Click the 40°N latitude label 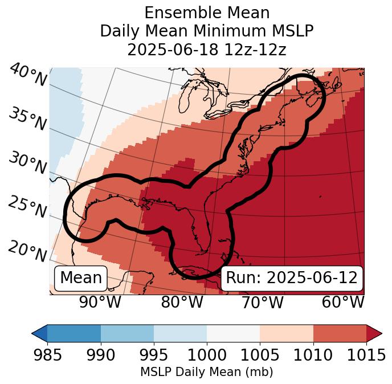coord(27,76)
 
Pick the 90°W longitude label coord(100,302)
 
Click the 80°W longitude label coord(181,302)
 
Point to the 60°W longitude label coord(343,302)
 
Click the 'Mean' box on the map coord(81,278)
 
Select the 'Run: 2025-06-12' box coord(292,278)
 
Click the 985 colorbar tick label coord(47,355)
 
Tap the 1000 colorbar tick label coord(207,355)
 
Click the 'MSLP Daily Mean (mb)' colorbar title coord(206,373)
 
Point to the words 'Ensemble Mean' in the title coord(207,13)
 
